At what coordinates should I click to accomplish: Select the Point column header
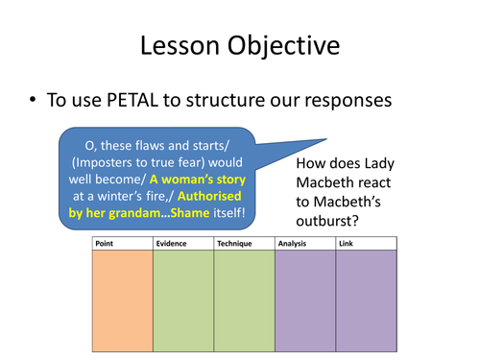106,244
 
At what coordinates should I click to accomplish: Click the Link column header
347,244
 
